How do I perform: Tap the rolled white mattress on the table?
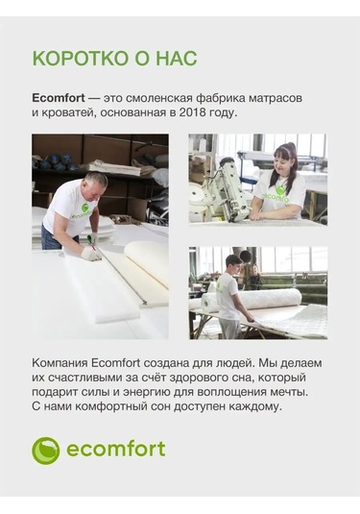click(x=278, y=302)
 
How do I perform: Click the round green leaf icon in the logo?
click(x=45, y=450)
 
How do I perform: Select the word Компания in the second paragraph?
click(x=61, y=362)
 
